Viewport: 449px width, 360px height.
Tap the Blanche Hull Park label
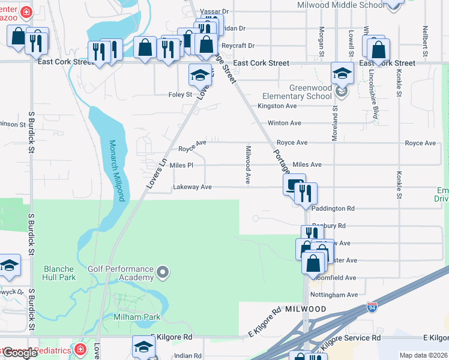click(x=59, y=273)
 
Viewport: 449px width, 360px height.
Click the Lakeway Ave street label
click(x=192, y=187)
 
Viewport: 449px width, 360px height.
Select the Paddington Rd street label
click(x=334, y=209)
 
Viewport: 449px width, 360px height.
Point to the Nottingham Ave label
click(x=335, y=295)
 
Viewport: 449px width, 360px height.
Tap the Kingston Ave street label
click(x=277, y=106)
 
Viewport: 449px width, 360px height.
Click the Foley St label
click(x=180, y=94)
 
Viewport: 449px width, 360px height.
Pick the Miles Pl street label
click(x=181, y=165)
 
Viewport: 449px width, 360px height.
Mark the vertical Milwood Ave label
click(x=247, y=164)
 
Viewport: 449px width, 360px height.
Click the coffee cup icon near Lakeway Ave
click(x=294, y=185)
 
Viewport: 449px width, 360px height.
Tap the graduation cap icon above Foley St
click(x=200, y=76)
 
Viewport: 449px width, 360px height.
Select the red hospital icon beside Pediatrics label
click(x=80, y=349)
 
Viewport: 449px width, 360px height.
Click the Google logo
click(x=20, y=353)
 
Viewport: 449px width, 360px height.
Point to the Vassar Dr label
click(x=217, y=11)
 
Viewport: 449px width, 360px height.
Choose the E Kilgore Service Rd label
click(x=348, y=338)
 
